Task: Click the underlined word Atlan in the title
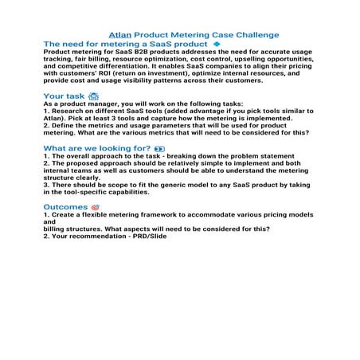click(x=119, y=35)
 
